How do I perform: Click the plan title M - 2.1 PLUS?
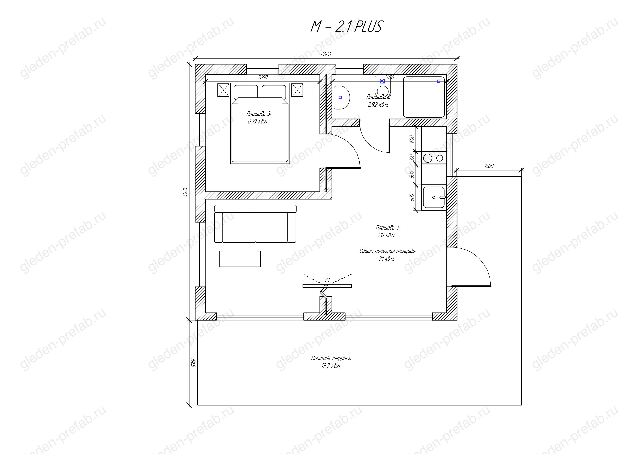[x=346, y=27]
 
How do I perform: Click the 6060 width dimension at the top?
[x=326, y=55]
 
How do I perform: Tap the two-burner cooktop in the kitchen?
[x=433, y=158]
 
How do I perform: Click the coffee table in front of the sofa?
[x=240, y=259]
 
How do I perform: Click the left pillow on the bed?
[x=246, y=92]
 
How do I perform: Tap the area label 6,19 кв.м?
[x=258, y=122]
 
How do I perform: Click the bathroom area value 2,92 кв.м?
[x=378, y=105]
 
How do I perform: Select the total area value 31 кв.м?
[x=386, y=259]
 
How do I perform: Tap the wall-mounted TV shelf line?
[x=327, y=286]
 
